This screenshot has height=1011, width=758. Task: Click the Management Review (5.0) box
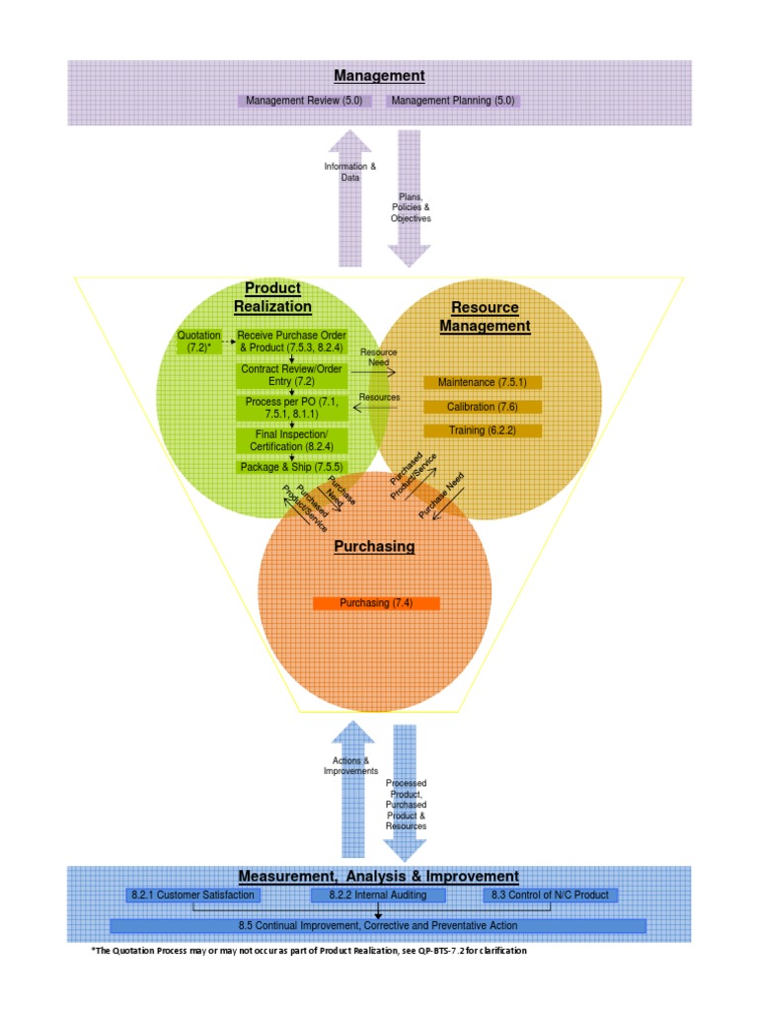coord(304,101)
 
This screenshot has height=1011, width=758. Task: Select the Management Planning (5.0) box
coord(452,101)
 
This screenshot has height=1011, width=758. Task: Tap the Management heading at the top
coord(379,75)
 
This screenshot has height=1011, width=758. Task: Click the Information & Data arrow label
coord(350,172)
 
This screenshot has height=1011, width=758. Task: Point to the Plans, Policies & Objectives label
coord(412,207)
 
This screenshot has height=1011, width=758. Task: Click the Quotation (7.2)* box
coord(198,342)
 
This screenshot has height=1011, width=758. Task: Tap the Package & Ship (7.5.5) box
coord(291,467)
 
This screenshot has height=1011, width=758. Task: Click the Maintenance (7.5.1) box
coord(483,382)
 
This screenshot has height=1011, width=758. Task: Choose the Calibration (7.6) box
coord(483,407)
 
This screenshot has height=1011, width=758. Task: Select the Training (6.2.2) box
coord(483,430)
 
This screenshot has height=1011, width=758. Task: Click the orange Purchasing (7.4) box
coord(375,603)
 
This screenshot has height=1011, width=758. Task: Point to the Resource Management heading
coord(485,317)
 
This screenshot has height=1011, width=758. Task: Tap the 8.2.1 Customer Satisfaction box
coord(193,894)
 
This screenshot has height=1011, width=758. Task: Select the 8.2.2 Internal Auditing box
coord(379,894)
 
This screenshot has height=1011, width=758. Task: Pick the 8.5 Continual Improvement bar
coord(378,926)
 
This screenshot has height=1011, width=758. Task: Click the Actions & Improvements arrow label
coord(351,766)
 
